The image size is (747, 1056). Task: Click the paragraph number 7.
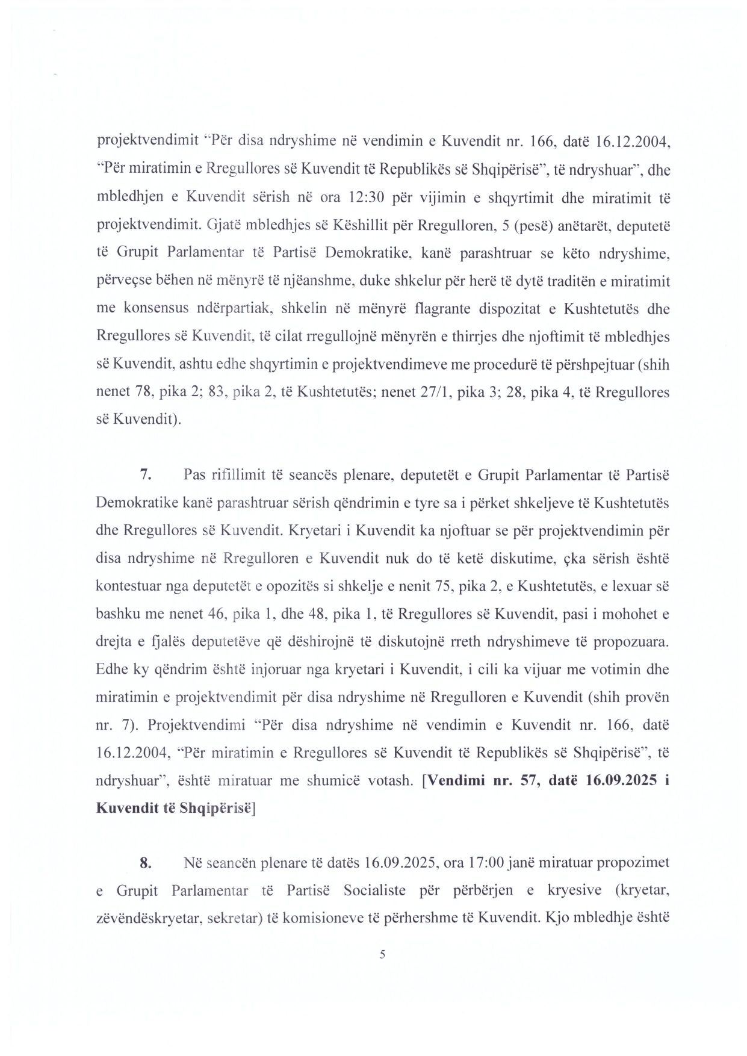[x=144, y=476]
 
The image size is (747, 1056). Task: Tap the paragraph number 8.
[x=144, y=863]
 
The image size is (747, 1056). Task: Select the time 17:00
[x=484, y=863]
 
